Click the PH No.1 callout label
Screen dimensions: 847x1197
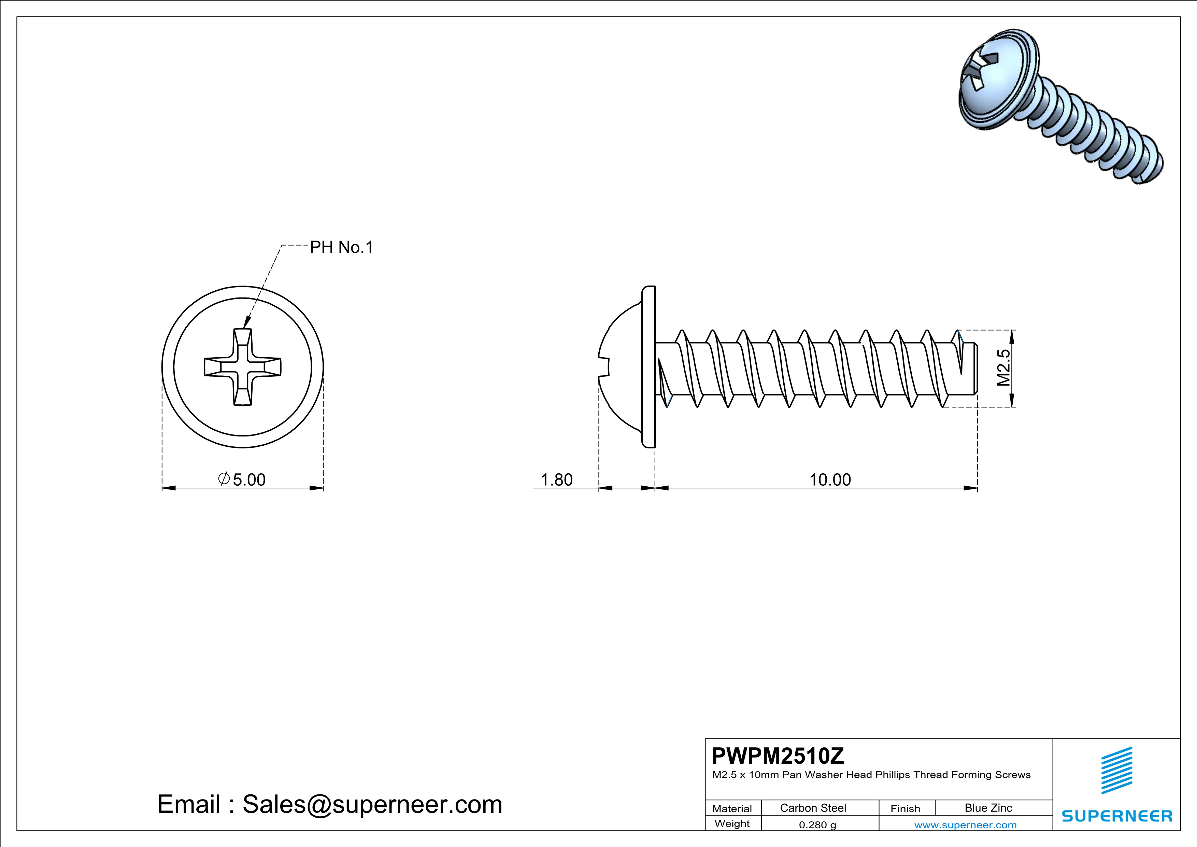341,247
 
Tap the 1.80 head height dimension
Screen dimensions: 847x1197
556,479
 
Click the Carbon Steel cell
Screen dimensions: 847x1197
813,808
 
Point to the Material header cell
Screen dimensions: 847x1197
732,808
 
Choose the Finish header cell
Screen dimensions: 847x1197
905,808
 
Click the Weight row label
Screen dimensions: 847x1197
732,823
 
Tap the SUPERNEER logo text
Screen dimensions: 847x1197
1117,816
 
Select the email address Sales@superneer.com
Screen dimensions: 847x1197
372,804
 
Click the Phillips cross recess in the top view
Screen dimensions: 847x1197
242,367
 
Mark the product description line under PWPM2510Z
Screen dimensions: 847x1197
871,775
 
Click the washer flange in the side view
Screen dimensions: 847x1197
648,367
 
